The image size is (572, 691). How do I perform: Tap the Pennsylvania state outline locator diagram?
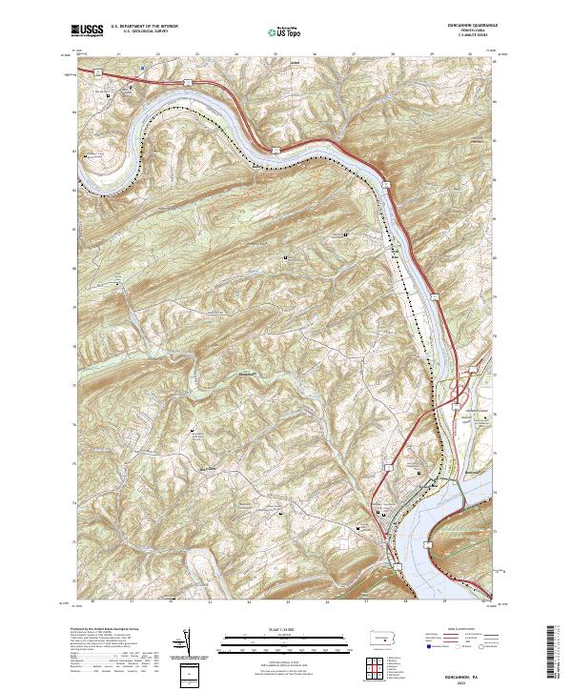pyautogui.click(x=383, y=638)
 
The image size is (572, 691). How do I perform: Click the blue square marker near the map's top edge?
pyautogui.click(x=140, y=69)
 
